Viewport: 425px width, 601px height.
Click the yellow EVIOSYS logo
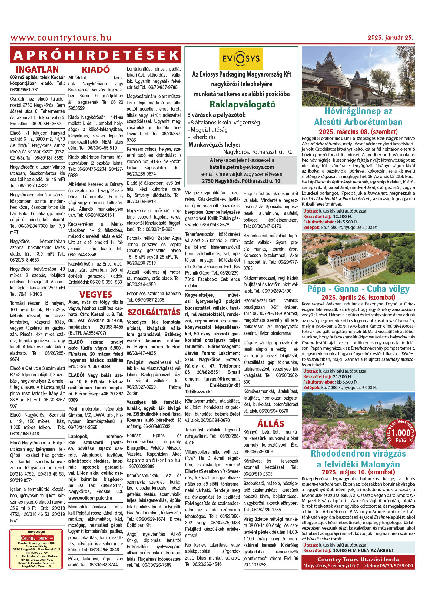[241, 59]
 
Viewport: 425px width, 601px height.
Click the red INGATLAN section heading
[37, 70]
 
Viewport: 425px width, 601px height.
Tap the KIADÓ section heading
[96, 70]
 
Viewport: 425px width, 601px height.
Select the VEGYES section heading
[96, 294]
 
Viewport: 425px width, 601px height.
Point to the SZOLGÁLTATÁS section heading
[154, 312]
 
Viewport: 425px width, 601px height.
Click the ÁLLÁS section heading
[271, 424]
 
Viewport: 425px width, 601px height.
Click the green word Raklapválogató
[242, 104]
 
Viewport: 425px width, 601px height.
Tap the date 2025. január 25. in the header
[390, 38]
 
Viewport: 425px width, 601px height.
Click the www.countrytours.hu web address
[61, 38]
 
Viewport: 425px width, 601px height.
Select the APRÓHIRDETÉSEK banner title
[96, 55]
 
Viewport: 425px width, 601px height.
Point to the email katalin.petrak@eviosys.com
[242, 167]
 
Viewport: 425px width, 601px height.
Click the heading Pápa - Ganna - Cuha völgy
[358, 289]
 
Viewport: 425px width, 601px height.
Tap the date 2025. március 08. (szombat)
[358, 132]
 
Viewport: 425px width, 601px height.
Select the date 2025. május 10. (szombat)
[358, 472]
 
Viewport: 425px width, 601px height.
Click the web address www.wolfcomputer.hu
[90, 498]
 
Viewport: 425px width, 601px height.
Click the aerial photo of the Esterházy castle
[358, 258]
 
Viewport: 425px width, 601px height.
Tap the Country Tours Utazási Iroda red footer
[358, 562]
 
